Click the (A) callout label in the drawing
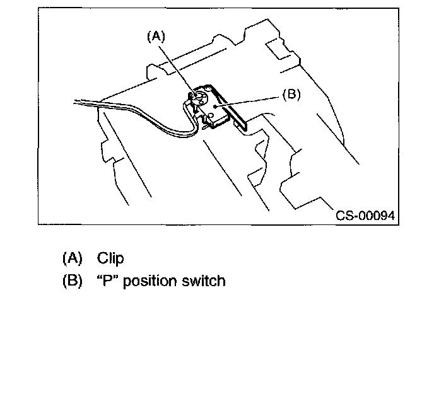pyautogui.click(x=156, y=37)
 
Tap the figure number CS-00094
pyautogui.click(x=365, y=216)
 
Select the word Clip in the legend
pyautogui.click(x=110, y=258)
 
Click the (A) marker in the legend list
pyautogui.click(x=73, y=258)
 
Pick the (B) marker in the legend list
pyautogui.click(x=73, y=281)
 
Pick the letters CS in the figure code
pyautogui.click(x=344, y=216)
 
